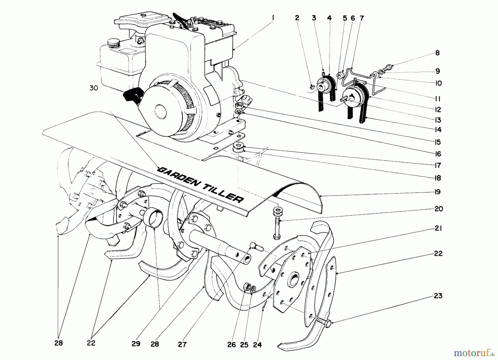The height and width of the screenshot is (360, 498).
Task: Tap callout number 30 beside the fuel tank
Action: tap(94, 88)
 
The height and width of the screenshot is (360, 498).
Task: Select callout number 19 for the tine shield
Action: tap(437, 192)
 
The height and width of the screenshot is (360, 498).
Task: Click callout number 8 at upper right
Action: tap(437, 53)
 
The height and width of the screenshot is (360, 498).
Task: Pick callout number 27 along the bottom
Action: tap(182, 345)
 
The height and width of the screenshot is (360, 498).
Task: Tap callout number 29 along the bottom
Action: tap(136, 344)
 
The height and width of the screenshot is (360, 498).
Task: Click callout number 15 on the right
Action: tap(437, 142)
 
